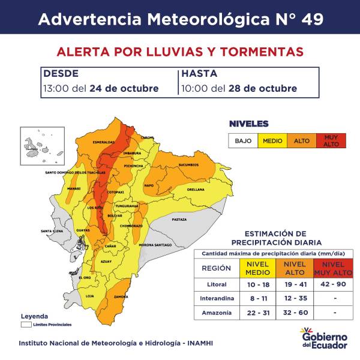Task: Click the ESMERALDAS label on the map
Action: point(103,142)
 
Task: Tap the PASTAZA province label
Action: point(179,220)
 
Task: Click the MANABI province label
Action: point(74,188)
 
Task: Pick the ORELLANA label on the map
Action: point(196,189)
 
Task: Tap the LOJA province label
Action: point(91,296)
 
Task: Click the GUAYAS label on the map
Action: point(83,230)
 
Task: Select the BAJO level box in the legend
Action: point(243,140)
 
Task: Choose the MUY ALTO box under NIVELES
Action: point(331,140)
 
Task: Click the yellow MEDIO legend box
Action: point(272,140)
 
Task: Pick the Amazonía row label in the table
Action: point(216,313)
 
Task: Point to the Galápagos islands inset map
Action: point(37,146)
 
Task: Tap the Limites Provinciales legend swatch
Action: point(26,325)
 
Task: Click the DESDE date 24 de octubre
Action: point(124,88)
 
